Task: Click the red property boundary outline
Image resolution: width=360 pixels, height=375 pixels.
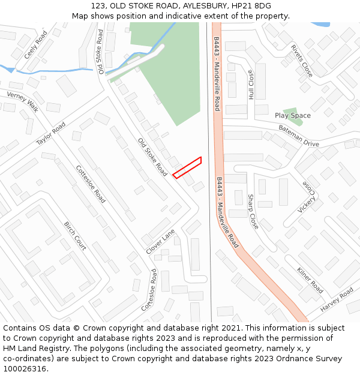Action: coord(187,167)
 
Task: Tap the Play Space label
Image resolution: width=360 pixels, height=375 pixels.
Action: coord(293,116)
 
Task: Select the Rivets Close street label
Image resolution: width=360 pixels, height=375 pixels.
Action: coord(301,61)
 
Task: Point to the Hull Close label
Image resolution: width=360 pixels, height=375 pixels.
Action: coord(251,85)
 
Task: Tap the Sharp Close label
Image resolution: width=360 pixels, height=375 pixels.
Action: coord(253,211)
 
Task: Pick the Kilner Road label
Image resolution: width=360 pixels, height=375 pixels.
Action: coord(310,280)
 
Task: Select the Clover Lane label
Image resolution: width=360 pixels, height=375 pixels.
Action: coord(160,241)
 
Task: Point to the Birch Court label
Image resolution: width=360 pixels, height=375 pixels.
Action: coord(75,236)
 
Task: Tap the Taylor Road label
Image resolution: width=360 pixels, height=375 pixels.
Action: coord(50,134)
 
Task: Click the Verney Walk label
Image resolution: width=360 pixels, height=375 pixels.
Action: coord(23,102)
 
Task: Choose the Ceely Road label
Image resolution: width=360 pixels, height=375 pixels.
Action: coord(35,45)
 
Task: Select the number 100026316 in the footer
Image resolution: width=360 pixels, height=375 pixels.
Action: coord(26,368)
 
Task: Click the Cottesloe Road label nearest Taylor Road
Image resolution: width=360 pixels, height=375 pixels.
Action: coord(91,184)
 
